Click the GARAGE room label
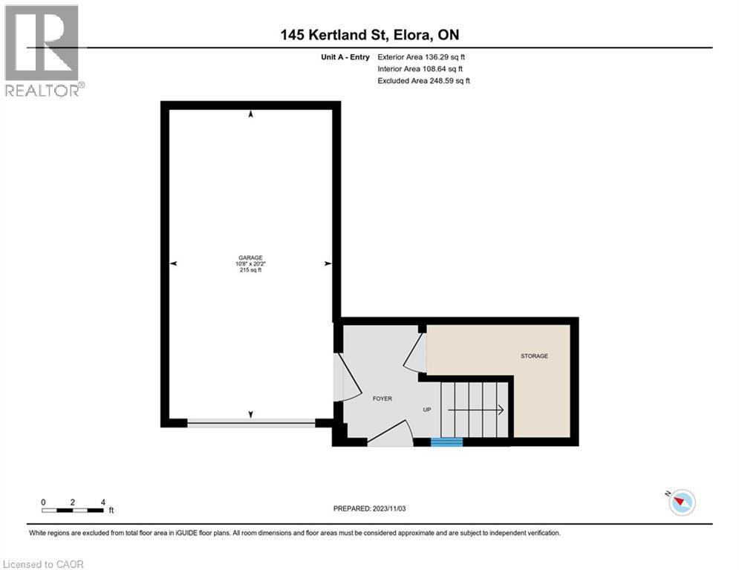pyautogui.click(x=250, y=258)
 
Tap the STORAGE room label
pyautogui.click(x=533, y=356)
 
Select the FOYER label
pyautogui.click(x=382, y=399)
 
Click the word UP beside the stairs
pyautogui.click(x=427, y=410)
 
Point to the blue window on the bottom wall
pyautogui.click(x=446, y=442)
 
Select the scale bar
pyautogui.click(x=73, y=510)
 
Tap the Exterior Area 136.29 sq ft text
pyautogui.click(x=421, y=56)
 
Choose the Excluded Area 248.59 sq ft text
pyautogui.click(x=423, y=80)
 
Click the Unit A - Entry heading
pyautogui.click(x=341, y=56)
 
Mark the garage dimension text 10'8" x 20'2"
pyautogui.click(x=250, y=264)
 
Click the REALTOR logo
pyautogui.click(x=42, y=50)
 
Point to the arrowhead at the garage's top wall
pyautogui.click(x=250, y=114)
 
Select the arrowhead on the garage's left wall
pyautogui.click(x=174, y=263)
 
